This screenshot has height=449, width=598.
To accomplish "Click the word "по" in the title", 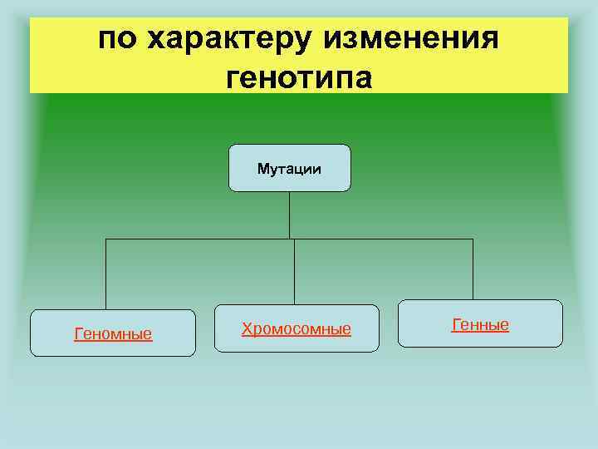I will click(x=117, y=39).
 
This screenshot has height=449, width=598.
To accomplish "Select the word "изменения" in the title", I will click(x=411, y=39).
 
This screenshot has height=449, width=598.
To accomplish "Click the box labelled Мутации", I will click(x=289, y=168).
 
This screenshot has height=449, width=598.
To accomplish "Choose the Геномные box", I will click(x=113, y=333).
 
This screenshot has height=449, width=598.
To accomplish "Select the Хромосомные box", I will click(x=297, y=328).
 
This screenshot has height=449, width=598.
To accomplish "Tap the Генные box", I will click(x=480, y=323).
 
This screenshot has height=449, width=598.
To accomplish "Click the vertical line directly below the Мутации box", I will click(x=289, y=215).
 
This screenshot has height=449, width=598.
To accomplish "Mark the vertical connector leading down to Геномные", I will click(x=105, y=274).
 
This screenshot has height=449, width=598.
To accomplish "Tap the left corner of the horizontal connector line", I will click(x=105, y=239).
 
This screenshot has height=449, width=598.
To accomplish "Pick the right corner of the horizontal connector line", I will click(x=473, y=239).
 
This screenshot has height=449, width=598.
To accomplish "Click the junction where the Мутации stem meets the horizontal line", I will click(x=289, y=239).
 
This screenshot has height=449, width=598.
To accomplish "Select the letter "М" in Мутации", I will click(x=262, y=169).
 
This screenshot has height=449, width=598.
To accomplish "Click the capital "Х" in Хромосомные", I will click(x=247, y=329).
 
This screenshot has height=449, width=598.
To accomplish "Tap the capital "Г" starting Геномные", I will click(x=78, y=334).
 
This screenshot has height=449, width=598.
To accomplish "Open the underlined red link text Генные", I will click(x=480, y=324).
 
